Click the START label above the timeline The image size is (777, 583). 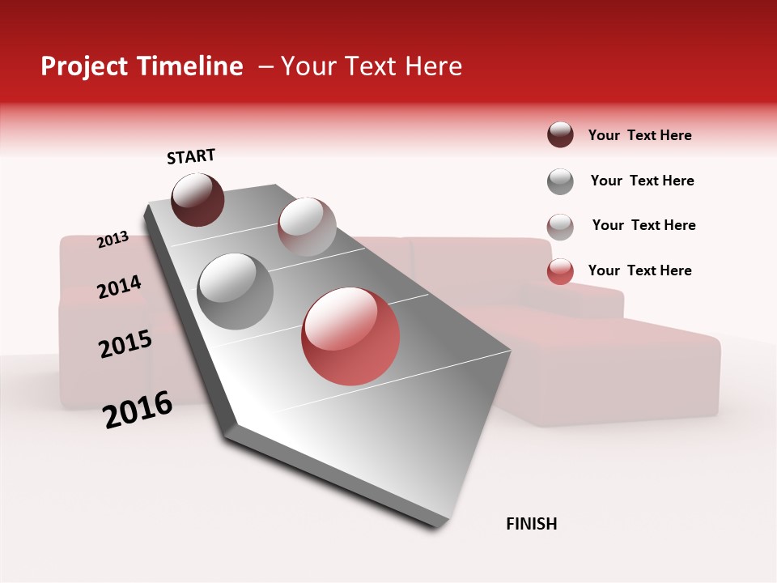click(191, 156)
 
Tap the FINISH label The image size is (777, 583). click(531, 524)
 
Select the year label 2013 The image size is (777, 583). click(113, 239)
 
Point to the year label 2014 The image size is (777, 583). click(119, 287)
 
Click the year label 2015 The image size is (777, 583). click(125, 344)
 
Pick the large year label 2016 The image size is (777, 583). click(138, 410)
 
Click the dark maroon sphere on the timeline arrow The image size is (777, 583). click(197, 199)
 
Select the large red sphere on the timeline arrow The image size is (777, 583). click(350, 336)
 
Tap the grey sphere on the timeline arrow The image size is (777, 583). click(236, 291)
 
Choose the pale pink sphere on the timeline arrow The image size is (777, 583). click(307, 227)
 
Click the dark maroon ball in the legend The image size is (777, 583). click(560, 135)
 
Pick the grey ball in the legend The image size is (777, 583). click(560, 181)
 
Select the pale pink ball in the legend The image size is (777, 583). click(560, 227)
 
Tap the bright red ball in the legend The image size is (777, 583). click(560, 272)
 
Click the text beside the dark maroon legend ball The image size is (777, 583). click(639, 135)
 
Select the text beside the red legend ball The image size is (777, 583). click(639, 270)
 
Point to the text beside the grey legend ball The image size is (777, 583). click(642, 181)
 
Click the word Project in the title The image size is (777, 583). click(84, 66)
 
